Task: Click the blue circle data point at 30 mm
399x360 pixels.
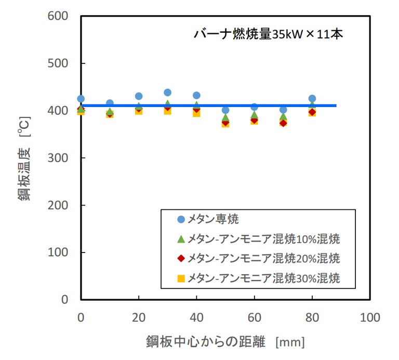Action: point(168,92)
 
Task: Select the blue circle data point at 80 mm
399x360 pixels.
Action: point(312,98)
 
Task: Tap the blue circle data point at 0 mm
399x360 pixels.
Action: point(81,99)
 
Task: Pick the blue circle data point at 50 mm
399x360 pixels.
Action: point(225,110)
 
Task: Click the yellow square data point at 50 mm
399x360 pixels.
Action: point(225,124)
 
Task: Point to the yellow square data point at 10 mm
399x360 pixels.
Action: point(110,114)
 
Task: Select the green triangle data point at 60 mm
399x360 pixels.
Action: point(255,115)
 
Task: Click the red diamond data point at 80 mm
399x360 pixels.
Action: point(312,112)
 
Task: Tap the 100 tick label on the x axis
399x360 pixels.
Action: point(370,317)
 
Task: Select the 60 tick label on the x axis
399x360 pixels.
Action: point(255,317)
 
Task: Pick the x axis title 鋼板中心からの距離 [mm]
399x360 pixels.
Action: point(225,342)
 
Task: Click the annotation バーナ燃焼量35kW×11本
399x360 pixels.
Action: point(269,35)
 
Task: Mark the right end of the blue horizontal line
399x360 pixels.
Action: point(336,105)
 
